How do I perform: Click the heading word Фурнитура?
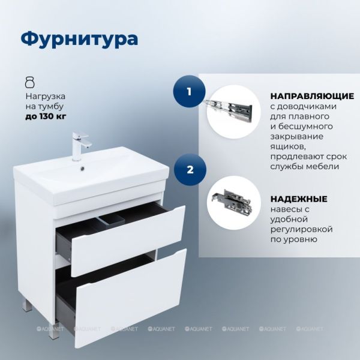[79, 39]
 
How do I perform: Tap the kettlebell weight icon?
[30, 83]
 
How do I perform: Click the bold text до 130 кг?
[46, 116]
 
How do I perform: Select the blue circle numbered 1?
[189, 91]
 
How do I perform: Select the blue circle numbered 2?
[190, 170]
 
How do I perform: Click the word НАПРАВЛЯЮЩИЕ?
[312, 96]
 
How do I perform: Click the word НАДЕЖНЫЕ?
[299, 199]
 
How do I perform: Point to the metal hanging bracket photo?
[232, 202]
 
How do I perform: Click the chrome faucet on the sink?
[80, 146]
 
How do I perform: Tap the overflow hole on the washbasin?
[82, 169]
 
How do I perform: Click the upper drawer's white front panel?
[128, 241]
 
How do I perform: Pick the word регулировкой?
[301, 229]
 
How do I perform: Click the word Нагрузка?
[45, 97]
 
